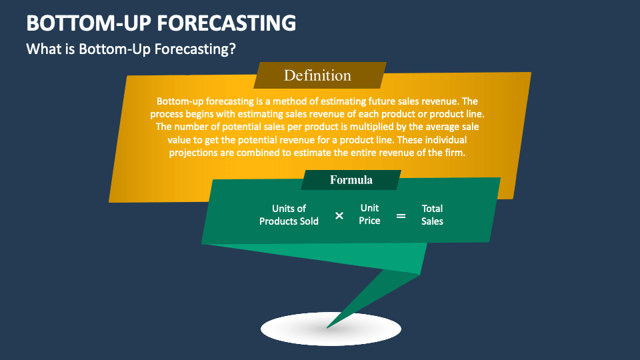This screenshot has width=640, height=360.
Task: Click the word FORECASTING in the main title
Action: pos(226,23)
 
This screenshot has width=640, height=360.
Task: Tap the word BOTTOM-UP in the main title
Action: pos(88,23)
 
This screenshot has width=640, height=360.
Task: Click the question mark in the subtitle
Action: pos(232,49)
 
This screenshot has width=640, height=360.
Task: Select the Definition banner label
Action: pos(317,75)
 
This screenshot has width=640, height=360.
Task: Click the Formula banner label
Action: pos(351,180)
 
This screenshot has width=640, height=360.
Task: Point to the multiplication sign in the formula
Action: pos(339,215)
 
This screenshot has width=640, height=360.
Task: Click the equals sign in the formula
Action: pos(401,215)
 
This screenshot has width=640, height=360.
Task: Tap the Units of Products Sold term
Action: pos(289,215)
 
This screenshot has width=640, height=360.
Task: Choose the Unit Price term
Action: pos(369,214)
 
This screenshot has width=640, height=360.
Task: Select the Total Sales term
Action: pos(432,215)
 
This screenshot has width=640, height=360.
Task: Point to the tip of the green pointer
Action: pos(327,328)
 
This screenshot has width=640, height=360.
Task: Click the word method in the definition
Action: pos(288,101)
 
